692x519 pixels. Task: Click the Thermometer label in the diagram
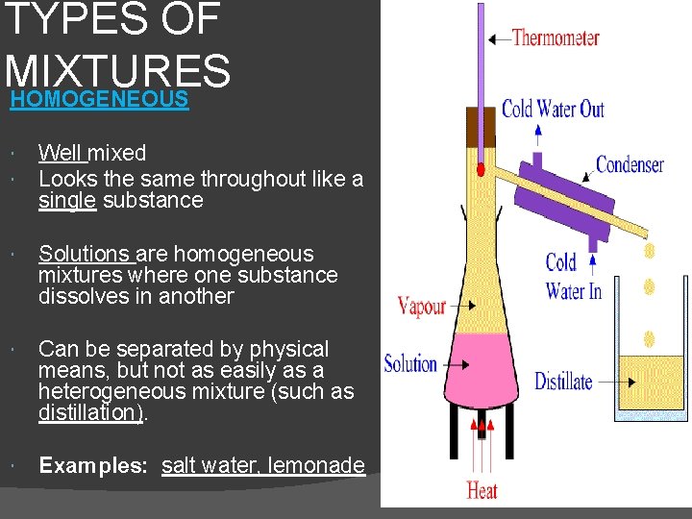(555, 38)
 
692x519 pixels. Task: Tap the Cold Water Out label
(553, 109)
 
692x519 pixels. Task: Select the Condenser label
(630, 164)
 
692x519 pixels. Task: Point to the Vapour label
(422, 307)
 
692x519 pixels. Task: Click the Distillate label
(563, 382)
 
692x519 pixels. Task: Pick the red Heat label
(482, 490)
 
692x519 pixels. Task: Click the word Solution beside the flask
(410, 364)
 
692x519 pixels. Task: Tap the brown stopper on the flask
(480, 127)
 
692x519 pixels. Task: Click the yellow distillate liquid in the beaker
(651, 385)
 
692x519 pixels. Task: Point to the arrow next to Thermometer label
(499, 38)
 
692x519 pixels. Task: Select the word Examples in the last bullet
(91, 466)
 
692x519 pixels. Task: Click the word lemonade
(316, 466)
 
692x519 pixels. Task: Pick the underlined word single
(65, 201)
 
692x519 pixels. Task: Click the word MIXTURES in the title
(117, 70)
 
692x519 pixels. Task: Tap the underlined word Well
(61, 153)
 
